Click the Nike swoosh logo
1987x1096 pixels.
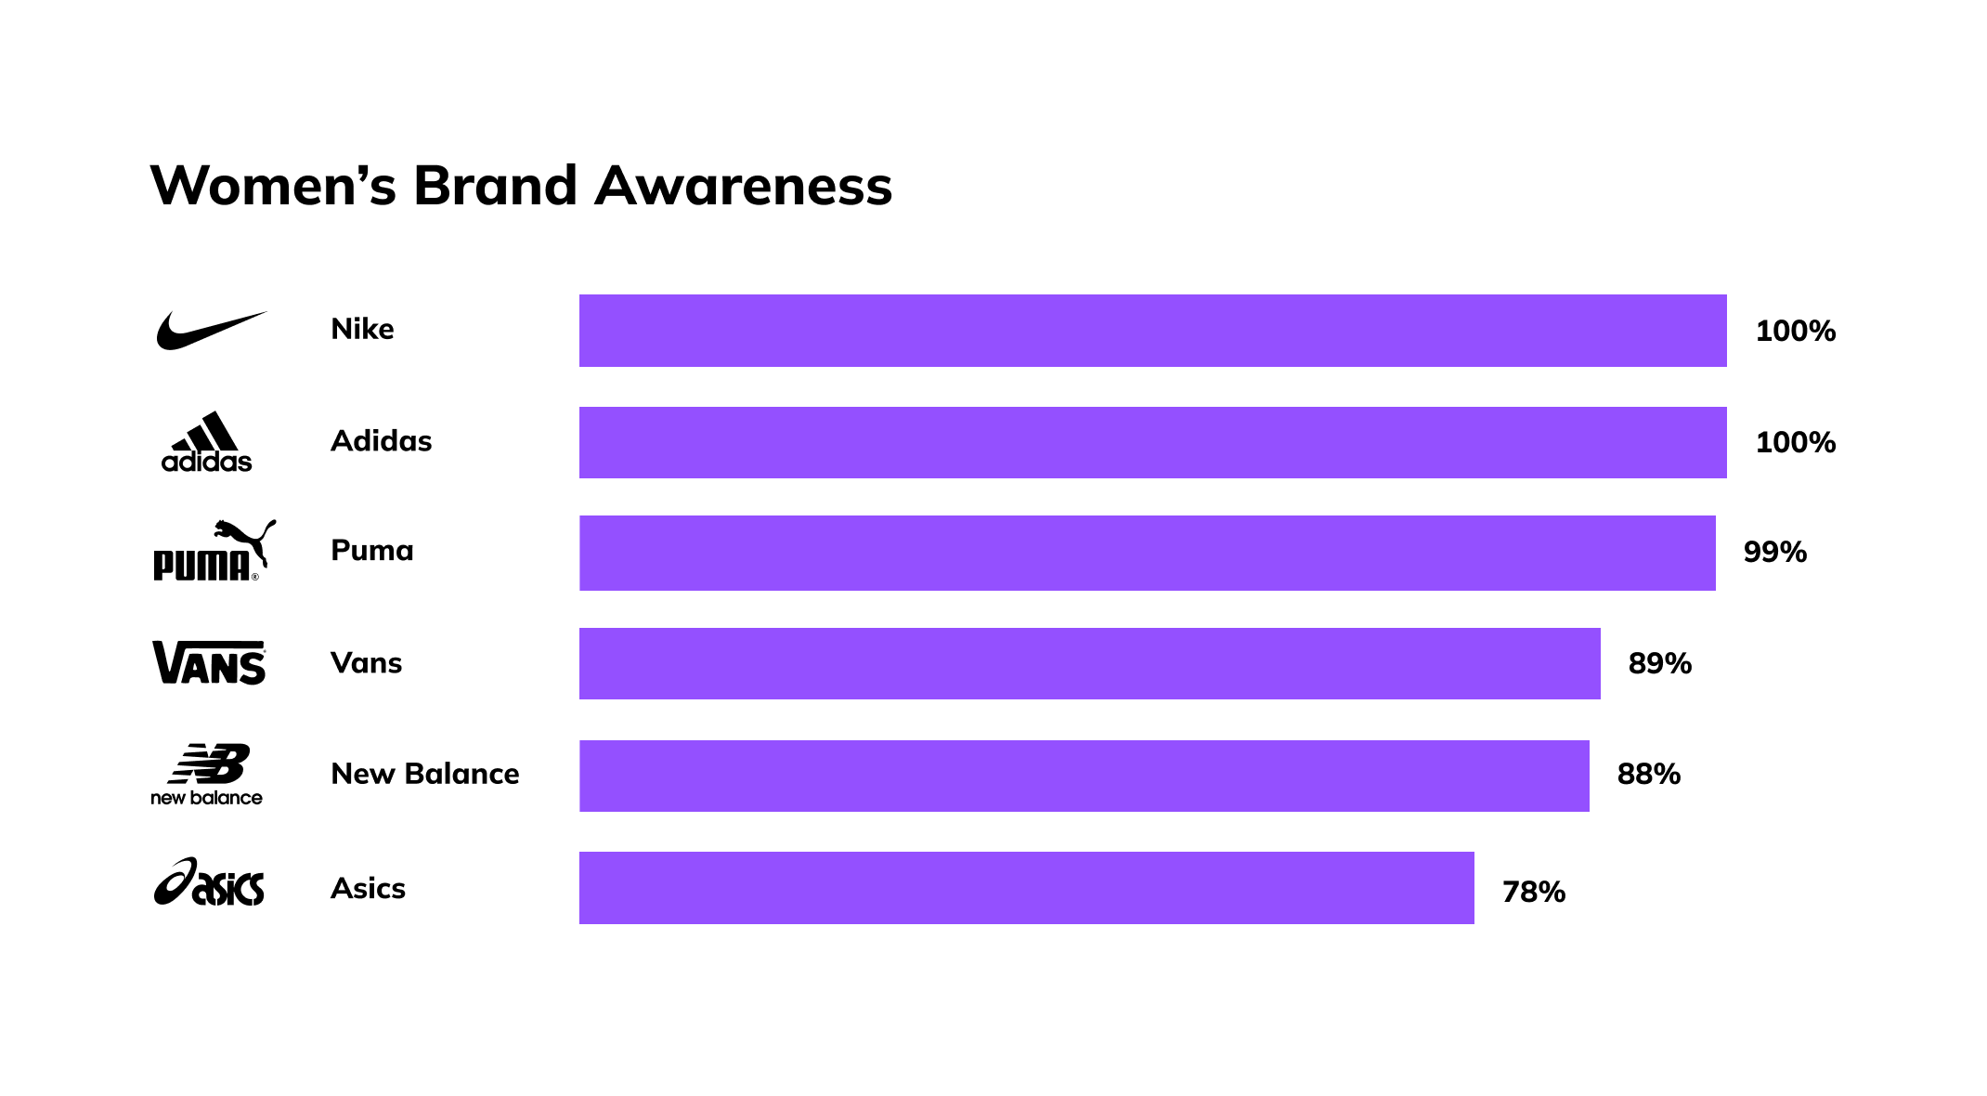(x=211, y=331)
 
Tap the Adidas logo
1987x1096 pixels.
(x=206, y=442)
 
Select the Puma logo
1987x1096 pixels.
(x=214, y=551)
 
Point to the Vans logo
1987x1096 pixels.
(x=209, y=662)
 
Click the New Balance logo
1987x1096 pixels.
(x=207, y=774)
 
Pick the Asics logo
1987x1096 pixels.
(x=209, y=882)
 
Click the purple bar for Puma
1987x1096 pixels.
(x=1147, y=553)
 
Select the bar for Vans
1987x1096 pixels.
(x=1089, y=663)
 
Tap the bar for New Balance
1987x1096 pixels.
(x=1084, y=776)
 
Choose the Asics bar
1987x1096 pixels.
(x=1026, y=887)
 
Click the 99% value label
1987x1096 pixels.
(x=1774, y=553)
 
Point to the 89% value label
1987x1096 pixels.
(x=1659, y=664)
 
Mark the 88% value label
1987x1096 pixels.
(x=1648, y=775)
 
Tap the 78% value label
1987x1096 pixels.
(x=1533, y=893)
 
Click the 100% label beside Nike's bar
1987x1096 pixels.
(x=1795, y=332)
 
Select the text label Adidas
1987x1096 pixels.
(x=381, y=441)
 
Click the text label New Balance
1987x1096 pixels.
(x=424, y=774)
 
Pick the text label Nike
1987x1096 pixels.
(x=362, y=330)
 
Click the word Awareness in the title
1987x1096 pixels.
(x=743, y=186)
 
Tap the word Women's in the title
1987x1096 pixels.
(x=273, y=186)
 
